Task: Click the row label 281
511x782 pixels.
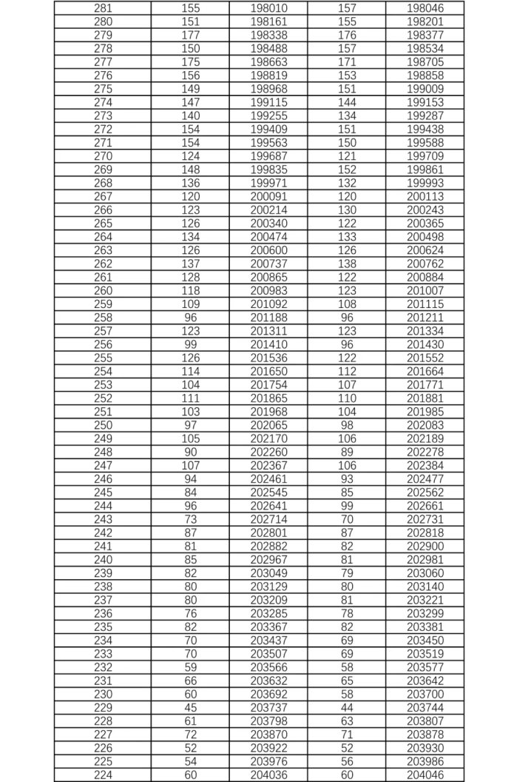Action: pos(104,7)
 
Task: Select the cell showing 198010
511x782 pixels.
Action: pos(268,7)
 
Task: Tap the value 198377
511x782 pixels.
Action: pos(425,34)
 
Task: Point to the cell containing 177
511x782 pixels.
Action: pos(190,34)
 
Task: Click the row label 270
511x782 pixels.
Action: pos(104,156)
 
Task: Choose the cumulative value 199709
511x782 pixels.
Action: pos(425,156)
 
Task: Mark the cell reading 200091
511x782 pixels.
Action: pos(268,196)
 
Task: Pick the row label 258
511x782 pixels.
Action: pos(104,318)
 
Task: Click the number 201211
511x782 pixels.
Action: pos(425,318)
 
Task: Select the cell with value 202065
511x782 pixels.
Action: pos(268,425)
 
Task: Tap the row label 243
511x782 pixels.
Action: pos(104,520)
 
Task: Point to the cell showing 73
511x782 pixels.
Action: pos(190,520)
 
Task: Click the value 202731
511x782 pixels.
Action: pos(425,520)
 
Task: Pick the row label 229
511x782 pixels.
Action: pos(104,708)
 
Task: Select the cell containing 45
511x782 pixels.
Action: pos(190,708)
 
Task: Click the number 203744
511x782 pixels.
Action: pos(425,708)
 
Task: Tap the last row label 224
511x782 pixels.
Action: pos(104,775)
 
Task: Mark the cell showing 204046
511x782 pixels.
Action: pos(425,775)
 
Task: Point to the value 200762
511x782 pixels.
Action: pos(425,264)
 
